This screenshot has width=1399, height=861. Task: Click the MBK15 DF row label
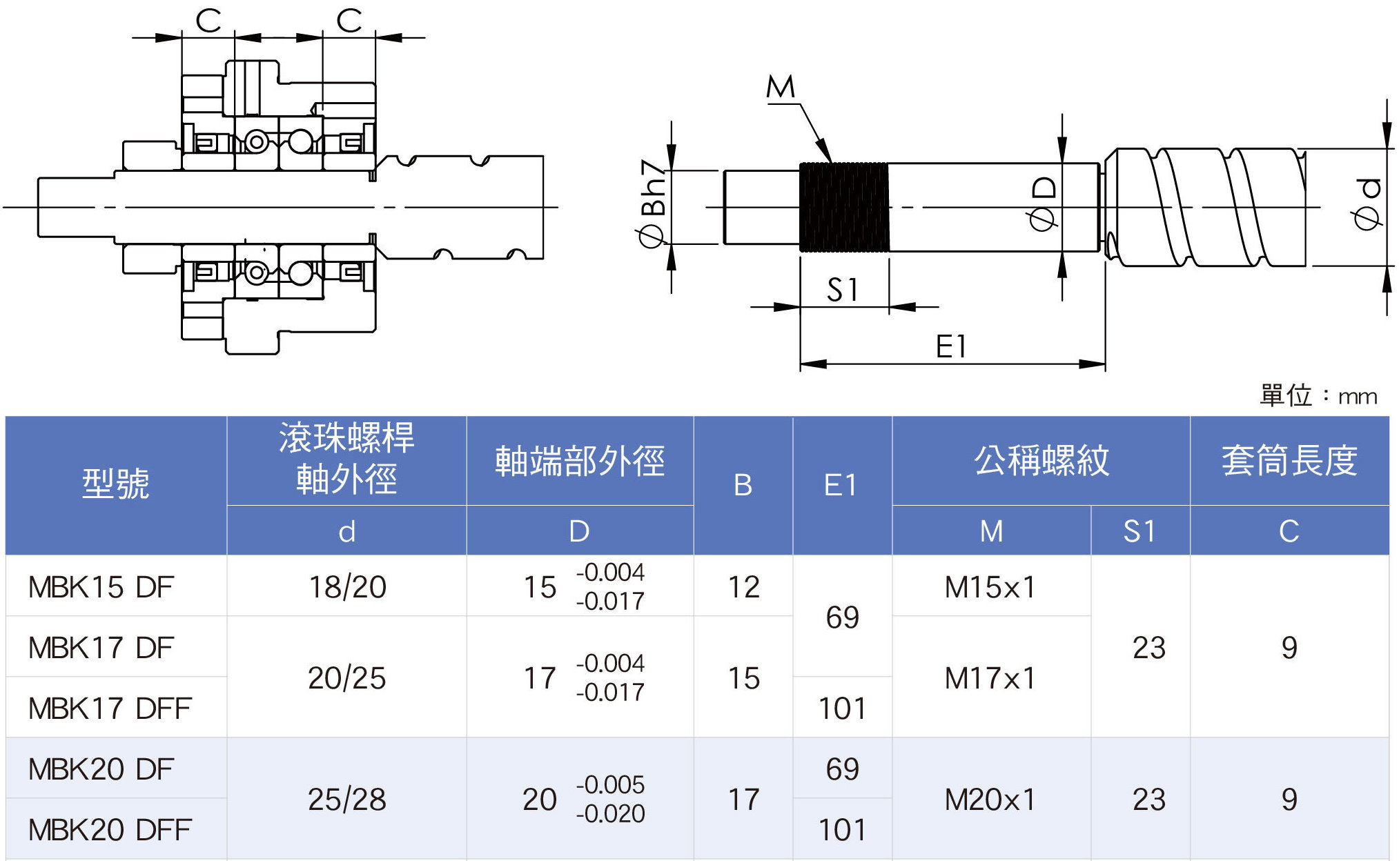[x=101, y=587]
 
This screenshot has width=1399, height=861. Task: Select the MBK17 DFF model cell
[x=109, y=709]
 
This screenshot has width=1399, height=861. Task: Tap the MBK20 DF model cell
[x=101, y=769]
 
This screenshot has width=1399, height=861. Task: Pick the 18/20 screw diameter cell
[x=346, y=587]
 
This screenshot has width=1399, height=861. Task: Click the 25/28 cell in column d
[x=346, y=800]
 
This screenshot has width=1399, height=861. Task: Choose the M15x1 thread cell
[x=990, y=587]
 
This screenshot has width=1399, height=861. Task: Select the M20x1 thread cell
[x=990, y=800]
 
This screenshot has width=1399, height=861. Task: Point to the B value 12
[x=743, y=587]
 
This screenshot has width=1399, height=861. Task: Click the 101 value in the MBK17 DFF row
[x=842, y=709]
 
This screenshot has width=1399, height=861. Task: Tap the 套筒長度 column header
[x=1289, y=461]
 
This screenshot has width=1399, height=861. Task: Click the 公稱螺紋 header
[x=1041, y=461]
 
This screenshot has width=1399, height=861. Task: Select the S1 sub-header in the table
[x=1139, y=531]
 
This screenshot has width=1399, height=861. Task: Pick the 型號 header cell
[x=115, y=484]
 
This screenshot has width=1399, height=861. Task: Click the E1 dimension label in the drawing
[x=951, y=346]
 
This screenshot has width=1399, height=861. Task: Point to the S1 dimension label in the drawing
[x=843, y=290]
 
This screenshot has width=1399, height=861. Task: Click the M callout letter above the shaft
[x=781, y=88]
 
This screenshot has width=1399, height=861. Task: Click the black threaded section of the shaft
[x=843, y=207]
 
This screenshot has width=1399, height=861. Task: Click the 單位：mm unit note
[x=1318, y=396]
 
